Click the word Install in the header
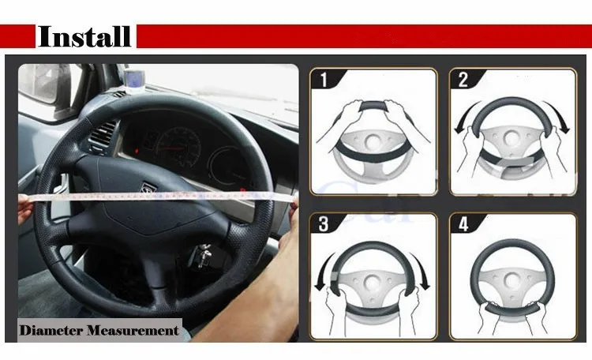[84, 36]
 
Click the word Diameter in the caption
[51, 331]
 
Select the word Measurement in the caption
[133, 331]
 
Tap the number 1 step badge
[324, 80]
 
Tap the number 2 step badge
[463, 80]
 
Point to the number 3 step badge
[324, 224]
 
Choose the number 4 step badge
[463, 224]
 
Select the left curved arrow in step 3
[322, 272]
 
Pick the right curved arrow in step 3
[422, 272]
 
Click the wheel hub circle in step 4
[513, 280]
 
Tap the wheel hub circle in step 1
[373, 141]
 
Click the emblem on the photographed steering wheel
[147, 188]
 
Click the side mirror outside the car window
[39, 83]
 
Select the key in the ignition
[204, 254]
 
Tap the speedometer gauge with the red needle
[178, 147]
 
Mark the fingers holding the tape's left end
[25, 209]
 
